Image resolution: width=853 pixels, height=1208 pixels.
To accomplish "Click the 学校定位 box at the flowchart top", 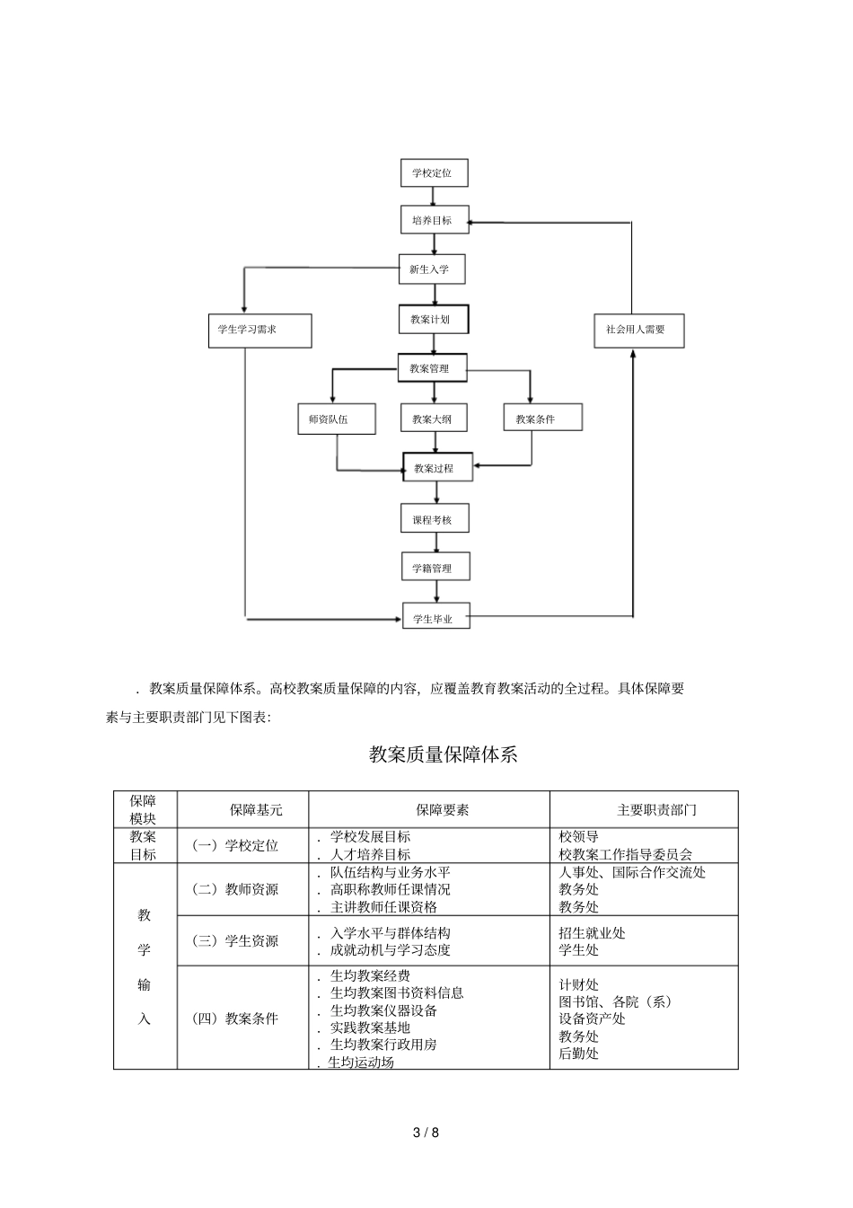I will point(434,172).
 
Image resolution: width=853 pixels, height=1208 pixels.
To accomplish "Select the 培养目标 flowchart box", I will point(434,220).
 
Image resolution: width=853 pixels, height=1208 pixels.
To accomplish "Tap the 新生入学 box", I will point(434,269).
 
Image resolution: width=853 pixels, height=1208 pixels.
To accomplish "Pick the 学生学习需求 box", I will point(259,330).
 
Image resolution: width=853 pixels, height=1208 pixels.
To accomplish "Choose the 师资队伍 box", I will point(336,419).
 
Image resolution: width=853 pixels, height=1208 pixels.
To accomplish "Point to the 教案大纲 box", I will point(434,419).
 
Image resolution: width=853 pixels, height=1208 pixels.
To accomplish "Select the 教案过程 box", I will point(436,468).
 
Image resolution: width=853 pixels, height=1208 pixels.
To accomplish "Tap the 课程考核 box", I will point(435,519).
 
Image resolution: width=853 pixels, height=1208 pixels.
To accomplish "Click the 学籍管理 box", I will point(435,568).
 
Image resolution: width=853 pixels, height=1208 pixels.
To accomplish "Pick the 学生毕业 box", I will point(435,618).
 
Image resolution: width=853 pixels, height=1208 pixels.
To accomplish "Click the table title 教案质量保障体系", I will point(444,754).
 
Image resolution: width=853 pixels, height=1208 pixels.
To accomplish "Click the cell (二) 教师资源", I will point(236,889).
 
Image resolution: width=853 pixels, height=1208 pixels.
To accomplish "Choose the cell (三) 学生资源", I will point(236,940).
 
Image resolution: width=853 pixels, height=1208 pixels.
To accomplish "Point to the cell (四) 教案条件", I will point(236,1018).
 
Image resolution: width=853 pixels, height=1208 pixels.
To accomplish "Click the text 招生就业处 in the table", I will point(592,933).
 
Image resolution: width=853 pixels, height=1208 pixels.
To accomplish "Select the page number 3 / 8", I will point(426,1132).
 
